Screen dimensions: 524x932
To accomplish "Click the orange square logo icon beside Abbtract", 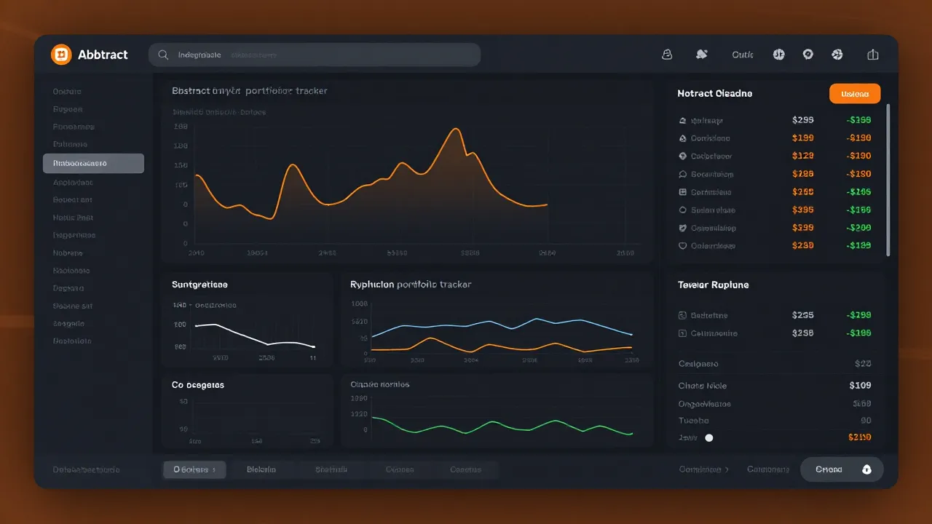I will click(61, 55).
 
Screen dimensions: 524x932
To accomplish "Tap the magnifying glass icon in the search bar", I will click(163, 55).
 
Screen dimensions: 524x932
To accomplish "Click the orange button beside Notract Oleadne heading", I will click(855, 93).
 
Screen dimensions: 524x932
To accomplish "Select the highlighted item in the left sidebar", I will click(93, 163).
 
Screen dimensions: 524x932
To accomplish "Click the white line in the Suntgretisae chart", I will click(248, 336).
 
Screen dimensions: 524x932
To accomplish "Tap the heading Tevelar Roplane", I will click(713, 285).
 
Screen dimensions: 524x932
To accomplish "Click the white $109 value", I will click(860, 385).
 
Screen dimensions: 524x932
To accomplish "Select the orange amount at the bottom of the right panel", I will click(860, 437).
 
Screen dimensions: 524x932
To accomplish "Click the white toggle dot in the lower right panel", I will click(709, 438).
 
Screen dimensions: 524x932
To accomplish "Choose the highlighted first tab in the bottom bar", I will click(194, 469).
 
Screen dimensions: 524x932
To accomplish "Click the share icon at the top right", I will click(873, 55).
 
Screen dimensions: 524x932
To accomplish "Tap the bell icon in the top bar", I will click(666, 55).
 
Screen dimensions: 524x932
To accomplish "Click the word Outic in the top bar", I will click(743, 55).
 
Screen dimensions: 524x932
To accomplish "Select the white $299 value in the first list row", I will click(802, 120).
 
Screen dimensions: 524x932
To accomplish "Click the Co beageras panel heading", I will click(198, 385).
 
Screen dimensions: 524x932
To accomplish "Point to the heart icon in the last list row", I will click(682, 246).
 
